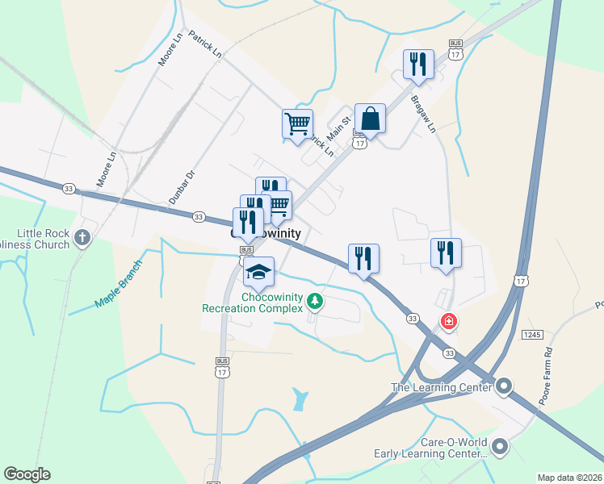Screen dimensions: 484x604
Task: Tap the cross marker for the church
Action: tap(82, 237)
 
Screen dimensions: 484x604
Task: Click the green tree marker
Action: tap(315, 302)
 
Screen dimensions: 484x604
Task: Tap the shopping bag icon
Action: tap(370, 119)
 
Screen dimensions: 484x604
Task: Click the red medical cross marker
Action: tap(448, 322)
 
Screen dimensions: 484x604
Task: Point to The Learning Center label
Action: tap(441, 387)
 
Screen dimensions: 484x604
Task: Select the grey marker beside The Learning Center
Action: tap(505, 386)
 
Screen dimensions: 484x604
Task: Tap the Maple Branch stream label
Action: tap(117, 283)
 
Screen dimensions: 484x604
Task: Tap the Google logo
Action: tap(27, 474)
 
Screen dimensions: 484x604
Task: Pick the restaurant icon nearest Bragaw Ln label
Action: tap(418, 65)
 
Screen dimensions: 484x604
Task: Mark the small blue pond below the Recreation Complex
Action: tap(300, 398)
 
